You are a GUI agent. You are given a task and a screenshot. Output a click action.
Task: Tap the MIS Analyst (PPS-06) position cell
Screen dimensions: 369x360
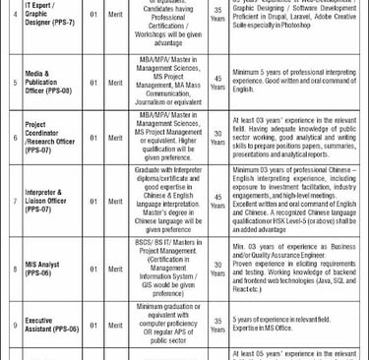(49, 268)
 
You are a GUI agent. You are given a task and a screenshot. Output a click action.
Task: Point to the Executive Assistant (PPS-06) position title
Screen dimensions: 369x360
(50, 322)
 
